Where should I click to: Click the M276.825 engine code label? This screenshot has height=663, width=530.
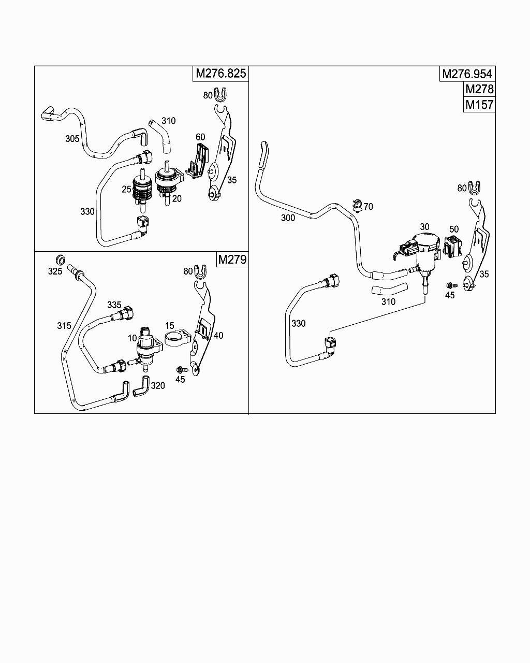[x=221, y=74]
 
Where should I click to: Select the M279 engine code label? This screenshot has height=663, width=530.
[x=232, y=259]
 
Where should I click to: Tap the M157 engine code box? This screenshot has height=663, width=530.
[x=479, y=105]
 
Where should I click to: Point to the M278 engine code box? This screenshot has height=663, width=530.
[x=479, y=89]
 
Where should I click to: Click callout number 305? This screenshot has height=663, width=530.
[x=72, y=139]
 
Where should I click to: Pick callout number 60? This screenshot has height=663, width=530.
[x=200, y=137]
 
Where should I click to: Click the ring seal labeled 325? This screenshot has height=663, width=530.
[x=61, y=260]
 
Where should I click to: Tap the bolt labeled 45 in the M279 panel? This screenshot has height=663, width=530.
[x=182, y=369]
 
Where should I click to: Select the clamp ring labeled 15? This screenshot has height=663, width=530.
[x=175, y=339]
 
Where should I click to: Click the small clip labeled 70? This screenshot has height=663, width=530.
[x=357, y=205]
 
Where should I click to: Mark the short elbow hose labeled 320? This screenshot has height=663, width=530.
[x=142, y=386]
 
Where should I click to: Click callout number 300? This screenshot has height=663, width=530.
[x=288, y=218]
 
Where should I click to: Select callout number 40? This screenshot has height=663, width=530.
[x=218, y=335]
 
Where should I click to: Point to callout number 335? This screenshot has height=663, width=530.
[x=114, y=305]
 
